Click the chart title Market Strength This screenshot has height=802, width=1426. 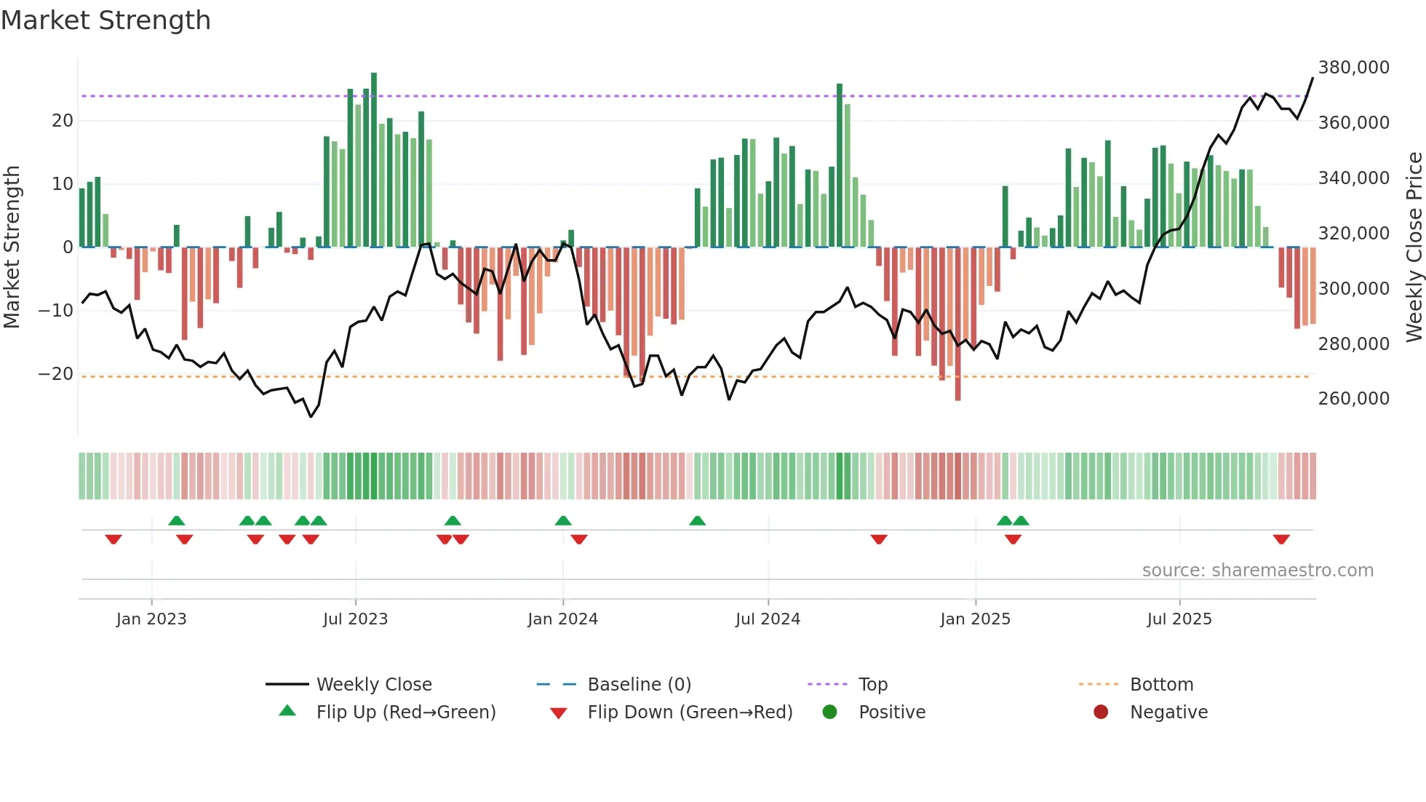pos(105,20)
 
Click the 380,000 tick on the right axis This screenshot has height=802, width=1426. pos(1353,68)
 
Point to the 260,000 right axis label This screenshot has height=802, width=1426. pos(1353,399)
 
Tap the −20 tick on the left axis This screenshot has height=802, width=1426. pos(55,374)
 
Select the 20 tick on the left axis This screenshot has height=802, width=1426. pos(63,121)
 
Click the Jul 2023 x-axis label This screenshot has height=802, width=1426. pos(355,619)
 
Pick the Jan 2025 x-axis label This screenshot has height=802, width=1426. pos(975,619)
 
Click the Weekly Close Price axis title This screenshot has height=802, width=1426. pos(1414,247)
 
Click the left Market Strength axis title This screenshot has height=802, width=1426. pos(12,247)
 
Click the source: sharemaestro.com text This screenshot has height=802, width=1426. pos(1257,571)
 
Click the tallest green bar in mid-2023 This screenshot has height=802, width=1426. pos(374,160)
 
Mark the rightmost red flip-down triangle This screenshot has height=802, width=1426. pos(1281,539)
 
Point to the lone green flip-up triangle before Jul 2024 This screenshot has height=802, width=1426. pos(697,520)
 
